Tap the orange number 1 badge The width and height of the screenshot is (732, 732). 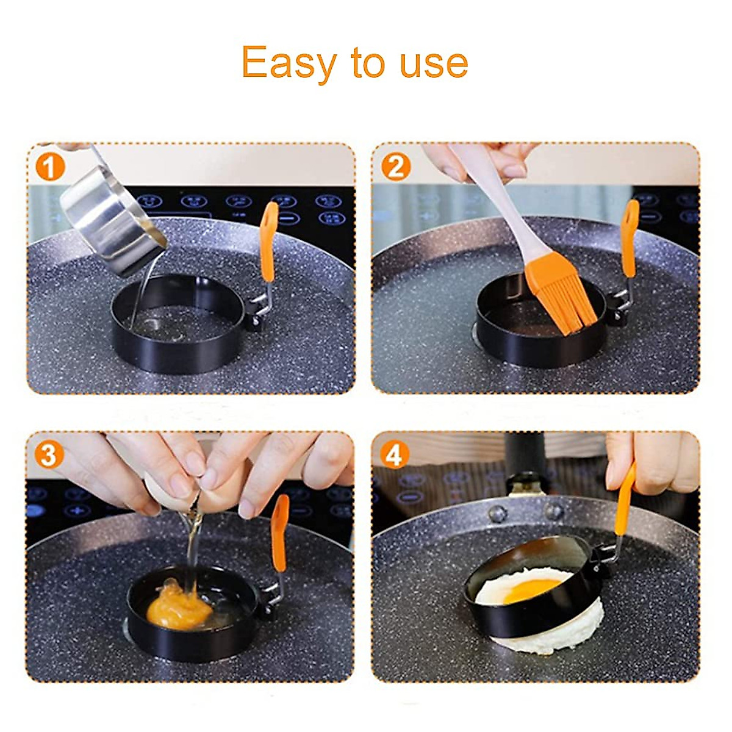[x=50, y=167]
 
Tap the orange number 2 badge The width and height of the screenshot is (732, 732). [x=395, y=167]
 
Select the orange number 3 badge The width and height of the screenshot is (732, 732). [x=49, y=455]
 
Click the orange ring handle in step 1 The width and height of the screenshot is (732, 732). [x=268, y=241]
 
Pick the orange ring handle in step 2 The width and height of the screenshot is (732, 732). [x=630, y=238]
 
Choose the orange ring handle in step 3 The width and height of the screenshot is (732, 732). [x=280, y=531]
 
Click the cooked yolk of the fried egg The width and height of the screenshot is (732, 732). [x=531, y=589]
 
